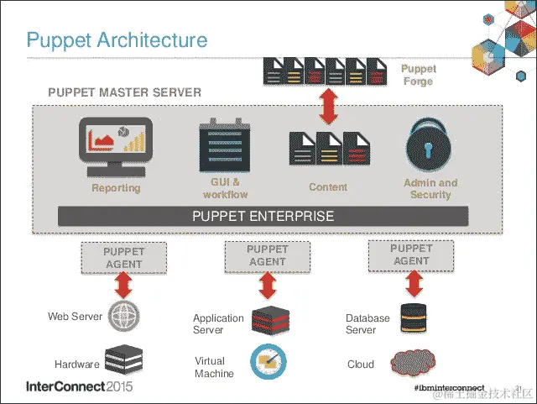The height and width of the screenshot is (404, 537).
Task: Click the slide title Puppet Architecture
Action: (x=117, y=39)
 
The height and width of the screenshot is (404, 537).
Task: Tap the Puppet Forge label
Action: (x=418, y=76)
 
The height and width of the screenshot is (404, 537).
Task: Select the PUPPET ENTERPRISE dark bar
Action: (x=263, y=216)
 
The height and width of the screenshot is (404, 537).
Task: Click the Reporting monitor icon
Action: (x=116, y=145)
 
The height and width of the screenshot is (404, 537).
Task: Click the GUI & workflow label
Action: (x=225, y=188)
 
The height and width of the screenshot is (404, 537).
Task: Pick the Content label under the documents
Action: (x=328, y=187)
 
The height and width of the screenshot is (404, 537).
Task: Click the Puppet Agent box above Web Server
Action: (x=124, y=258)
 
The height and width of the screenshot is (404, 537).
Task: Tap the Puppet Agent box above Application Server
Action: (x=267, y=255)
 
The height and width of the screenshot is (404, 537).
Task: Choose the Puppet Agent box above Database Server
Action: (x=411, y=254)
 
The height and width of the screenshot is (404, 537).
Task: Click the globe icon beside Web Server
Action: (x=125, y=316)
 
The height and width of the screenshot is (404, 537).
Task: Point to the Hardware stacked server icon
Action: (x=123, y=359)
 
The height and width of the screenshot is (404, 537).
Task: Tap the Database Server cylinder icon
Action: (x=412, y=317)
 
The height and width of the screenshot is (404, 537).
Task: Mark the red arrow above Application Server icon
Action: (x=268, y=286)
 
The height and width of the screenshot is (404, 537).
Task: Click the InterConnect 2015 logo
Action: (x=80, y=388)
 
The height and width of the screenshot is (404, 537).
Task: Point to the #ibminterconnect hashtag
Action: (x=449, y=389)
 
